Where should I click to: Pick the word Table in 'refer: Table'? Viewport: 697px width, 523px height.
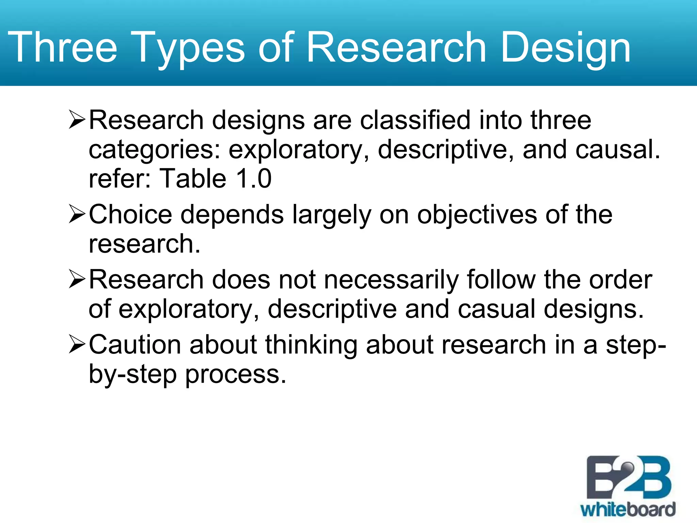193,178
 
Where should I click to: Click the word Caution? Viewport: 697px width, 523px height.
135,345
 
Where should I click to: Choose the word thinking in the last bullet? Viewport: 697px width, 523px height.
311,345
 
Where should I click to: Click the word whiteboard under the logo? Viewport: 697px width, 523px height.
628,509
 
